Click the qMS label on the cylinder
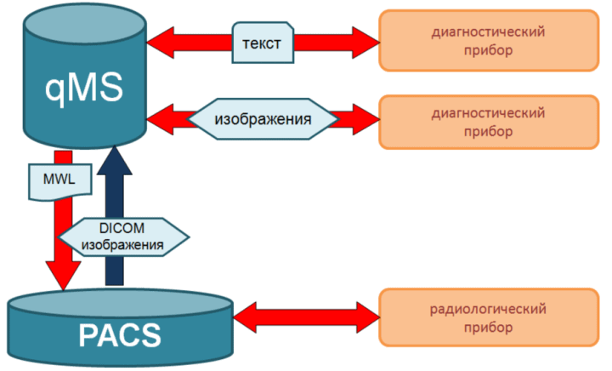(x=84, y=88)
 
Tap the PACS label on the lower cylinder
(x=120, y=335)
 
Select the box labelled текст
(x=263, y=43)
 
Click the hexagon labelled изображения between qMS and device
(x=263, y=119)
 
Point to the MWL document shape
(x=60, y=181)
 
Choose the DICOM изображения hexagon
(x=123, y=237)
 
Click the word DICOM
(x=122, y=228)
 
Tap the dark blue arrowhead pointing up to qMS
(x=115, y=160)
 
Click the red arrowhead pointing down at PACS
(x=63, y=276)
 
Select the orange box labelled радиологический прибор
(x=489, y=317)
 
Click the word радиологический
(x=488, y=309)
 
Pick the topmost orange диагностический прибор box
(x=489, y=41)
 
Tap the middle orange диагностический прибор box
(x=489, y=123)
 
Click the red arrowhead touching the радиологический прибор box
(x=368, y=317)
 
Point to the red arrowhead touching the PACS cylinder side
(x=245, y=317)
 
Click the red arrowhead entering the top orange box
(x=366, y=43)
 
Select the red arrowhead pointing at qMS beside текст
(x=160, y=43)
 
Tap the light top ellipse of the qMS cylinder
(x=84, y=24)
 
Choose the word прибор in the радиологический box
(x=488, y=328)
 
